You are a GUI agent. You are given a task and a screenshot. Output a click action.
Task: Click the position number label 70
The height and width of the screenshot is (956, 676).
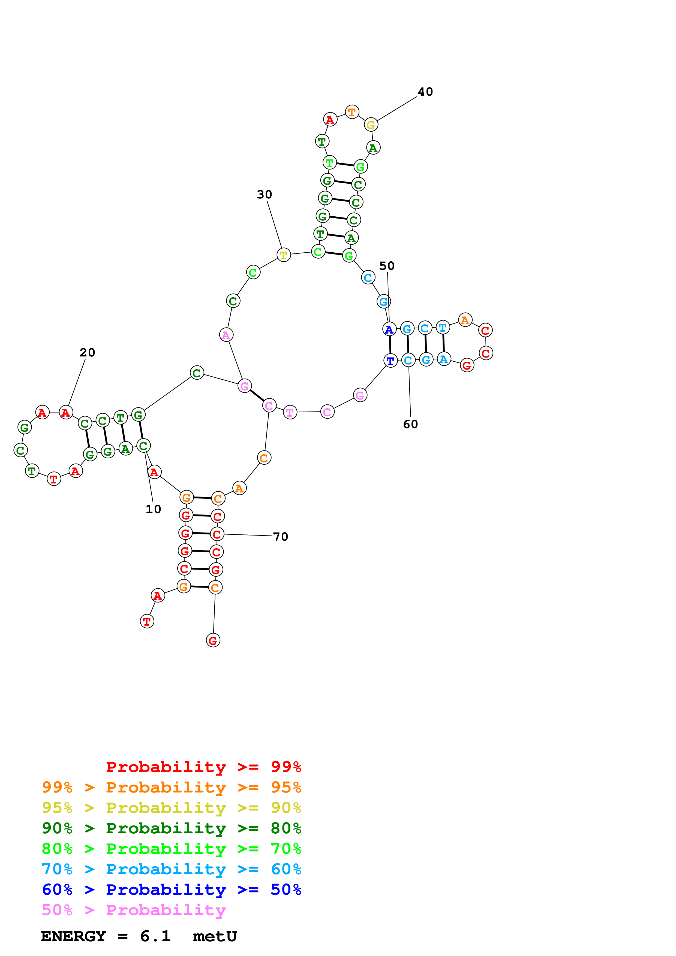point(280,537)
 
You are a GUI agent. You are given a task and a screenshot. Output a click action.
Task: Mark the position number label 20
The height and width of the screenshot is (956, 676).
point(88,352)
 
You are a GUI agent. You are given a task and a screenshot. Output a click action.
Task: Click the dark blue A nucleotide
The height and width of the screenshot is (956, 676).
point(389,329)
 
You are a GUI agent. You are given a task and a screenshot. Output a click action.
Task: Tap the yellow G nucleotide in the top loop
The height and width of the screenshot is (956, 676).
point(371,125)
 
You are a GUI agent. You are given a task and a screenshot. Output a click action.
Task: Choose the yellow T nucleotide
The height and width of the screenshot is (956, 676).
point(284,255)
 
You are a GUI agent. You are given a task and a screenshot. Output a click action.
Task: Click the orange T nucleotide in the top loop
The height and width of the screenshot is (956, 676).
point(352,112)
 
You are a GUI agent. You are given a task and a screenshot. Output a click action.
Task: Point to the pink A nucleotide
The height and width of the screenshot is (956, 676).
point(226,335)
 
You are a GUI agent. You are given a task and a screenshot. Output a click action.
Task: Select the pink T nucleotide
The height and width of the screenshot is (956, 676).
point(290,413)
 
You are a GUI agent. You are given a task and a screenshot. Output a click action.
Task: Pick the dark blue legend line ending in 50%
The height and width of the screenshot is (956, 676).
point(171,890)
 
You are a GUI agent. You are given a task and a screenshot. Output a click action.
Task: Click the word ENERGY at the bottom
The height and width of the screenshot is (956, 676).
point(73,936)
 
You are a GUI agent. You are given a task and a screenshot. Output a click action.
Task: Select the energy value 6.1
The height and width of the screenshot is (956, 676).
point(155,936)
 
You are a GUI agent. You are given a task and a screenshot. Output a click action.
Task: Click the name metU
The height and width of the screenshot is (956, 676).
point(215,936)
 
